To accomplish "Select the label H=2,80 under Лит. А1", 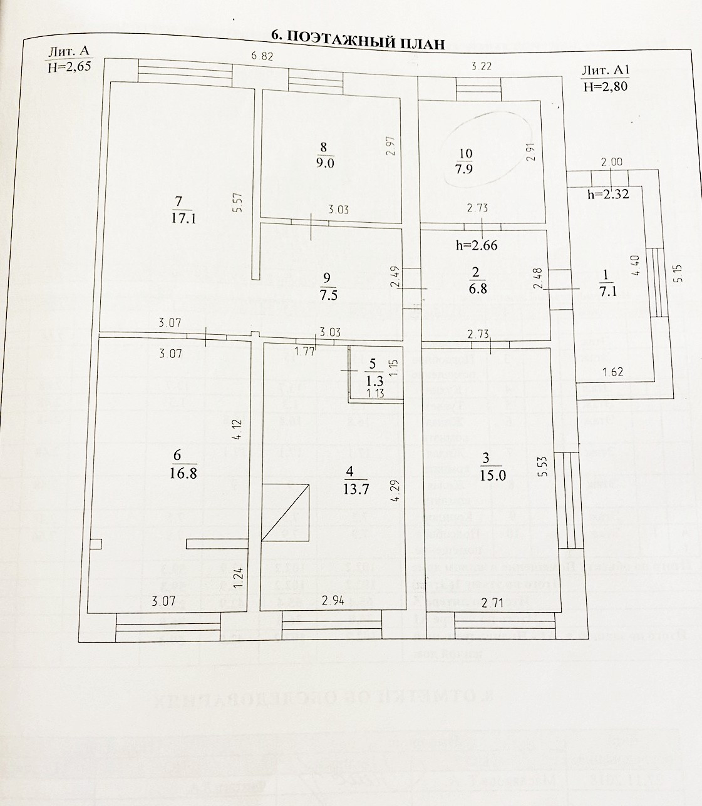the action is click(604, 87).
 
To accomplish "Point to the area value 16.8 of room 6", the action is click(183, 473).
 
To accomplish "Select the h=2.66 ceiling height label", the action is click(477, 245).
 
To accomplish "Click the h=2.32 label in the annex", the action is click(607, 194).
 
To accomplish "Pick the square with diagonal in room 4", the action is click(285, 512).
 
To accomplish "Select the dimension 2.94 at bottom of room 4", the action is click(334, 601).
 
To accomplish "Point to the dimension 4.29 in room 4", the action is click(394, 492).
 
